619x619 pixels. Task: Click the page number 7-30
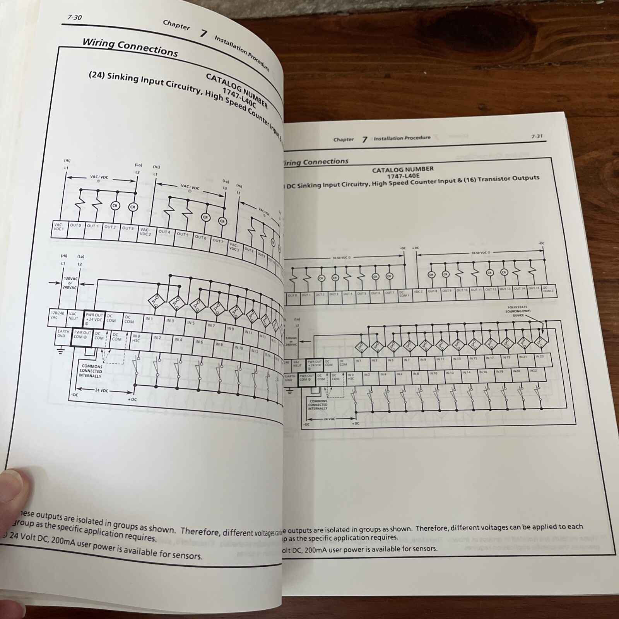click(x=74, y=17)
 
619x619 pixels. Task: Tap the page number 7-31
click(x=537, y=136)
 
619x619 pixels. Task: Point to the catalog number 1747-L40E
click(x=403, y=176)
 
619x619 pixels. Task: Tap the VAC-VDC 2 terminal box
click(x=145, y=232)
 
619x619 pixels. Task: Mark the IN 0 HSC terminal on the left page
click(x=136, y=339)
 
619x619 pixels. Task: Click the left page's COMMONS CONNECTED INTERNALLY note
click(x=92, y=371)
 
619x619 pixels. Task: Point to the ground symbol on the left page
click(x=60, y=351)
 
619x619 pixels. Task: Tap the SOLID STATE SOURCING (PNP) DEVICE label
click(x=517, y=311)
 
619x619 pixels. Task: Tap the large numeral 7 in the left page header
click(x=203, y=34)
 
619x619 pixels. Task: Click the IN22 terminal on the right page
click(x=533, y=371)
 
